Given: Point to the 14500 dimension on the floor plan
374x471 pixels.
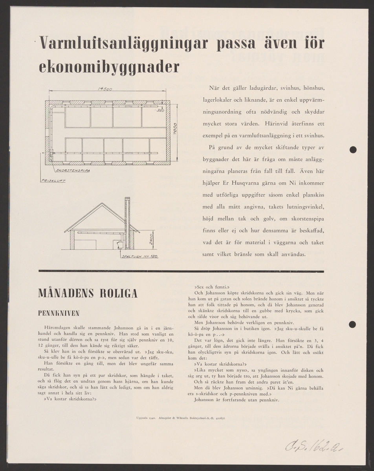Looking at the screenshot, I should [105, 89].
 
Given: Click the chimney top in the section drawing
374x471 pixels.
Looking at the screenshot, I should [127, 199].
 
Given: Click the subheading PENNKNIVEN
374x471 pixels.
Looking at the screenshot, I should [59, 313].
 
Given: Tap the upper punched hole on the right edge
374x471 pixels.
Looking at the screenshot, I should [353, 149].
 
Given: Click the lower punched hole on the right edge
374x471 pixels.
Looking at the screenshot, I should [353, 324].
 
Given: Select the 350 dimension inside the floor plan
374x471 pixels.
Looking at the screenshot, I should [160, 111].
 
